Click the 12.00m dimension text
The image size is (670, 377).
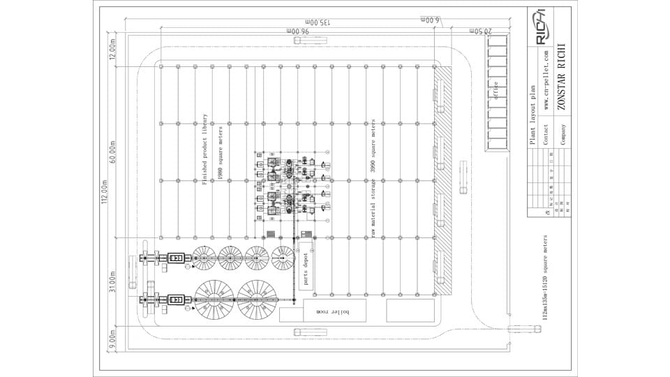(x=113, y=50)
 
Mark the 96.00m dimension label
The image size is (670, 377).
(x=297, y=31)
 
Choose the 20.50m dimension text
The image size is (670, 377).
(x=481, y=31)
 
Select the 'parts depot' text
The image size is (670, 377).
(x=305, y=269)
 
